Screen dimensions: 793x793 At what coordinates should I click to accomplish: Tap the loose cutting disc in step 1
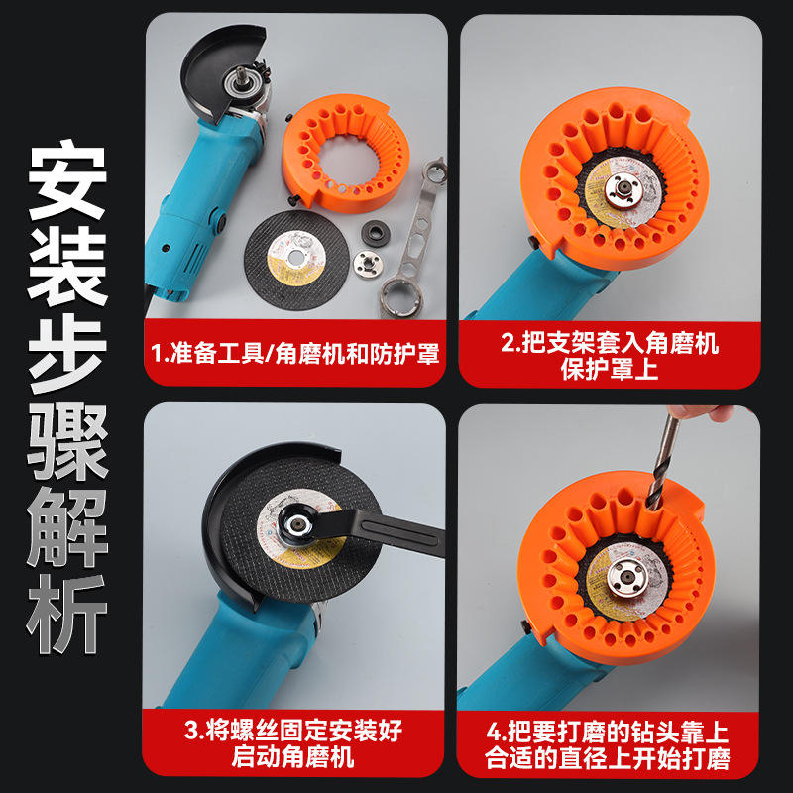pos(296,260)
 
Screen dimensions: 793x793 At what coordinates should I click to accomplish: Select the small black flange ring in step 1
pos(376,234)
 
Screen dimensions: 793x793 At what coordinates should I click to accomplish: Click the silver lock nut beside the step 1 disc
pos(368,264)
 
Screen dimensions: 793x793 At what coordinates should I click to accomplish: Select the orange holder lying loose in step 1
pos(346,153)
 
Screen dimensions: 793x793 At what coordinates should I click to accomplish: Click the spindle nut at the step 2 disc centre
pos(623,190)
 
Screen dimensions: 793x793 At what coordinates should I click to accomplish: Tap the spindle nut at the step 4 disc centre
pos(626,576)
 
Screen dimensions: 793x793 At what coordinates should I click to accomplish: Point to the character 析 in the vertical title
pos(66,614)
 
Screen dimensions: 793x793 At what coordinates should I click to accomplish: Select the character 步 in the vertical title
pos(66,353)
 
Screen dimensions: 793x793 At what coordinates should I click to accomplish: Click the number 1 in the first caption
pos(157,353)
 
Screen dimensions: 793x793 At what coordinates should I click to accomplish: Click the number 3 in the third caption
pos(191,731)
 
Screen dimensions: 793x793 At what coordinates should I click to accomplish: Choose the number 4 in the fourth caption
pos(493,732)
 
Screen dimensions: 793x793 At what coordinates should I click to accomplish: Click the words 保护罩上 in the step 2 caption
pos(610,369)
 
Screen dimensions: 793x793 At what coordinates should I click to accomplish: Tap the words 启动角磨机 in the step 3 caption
pos(292,757)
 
